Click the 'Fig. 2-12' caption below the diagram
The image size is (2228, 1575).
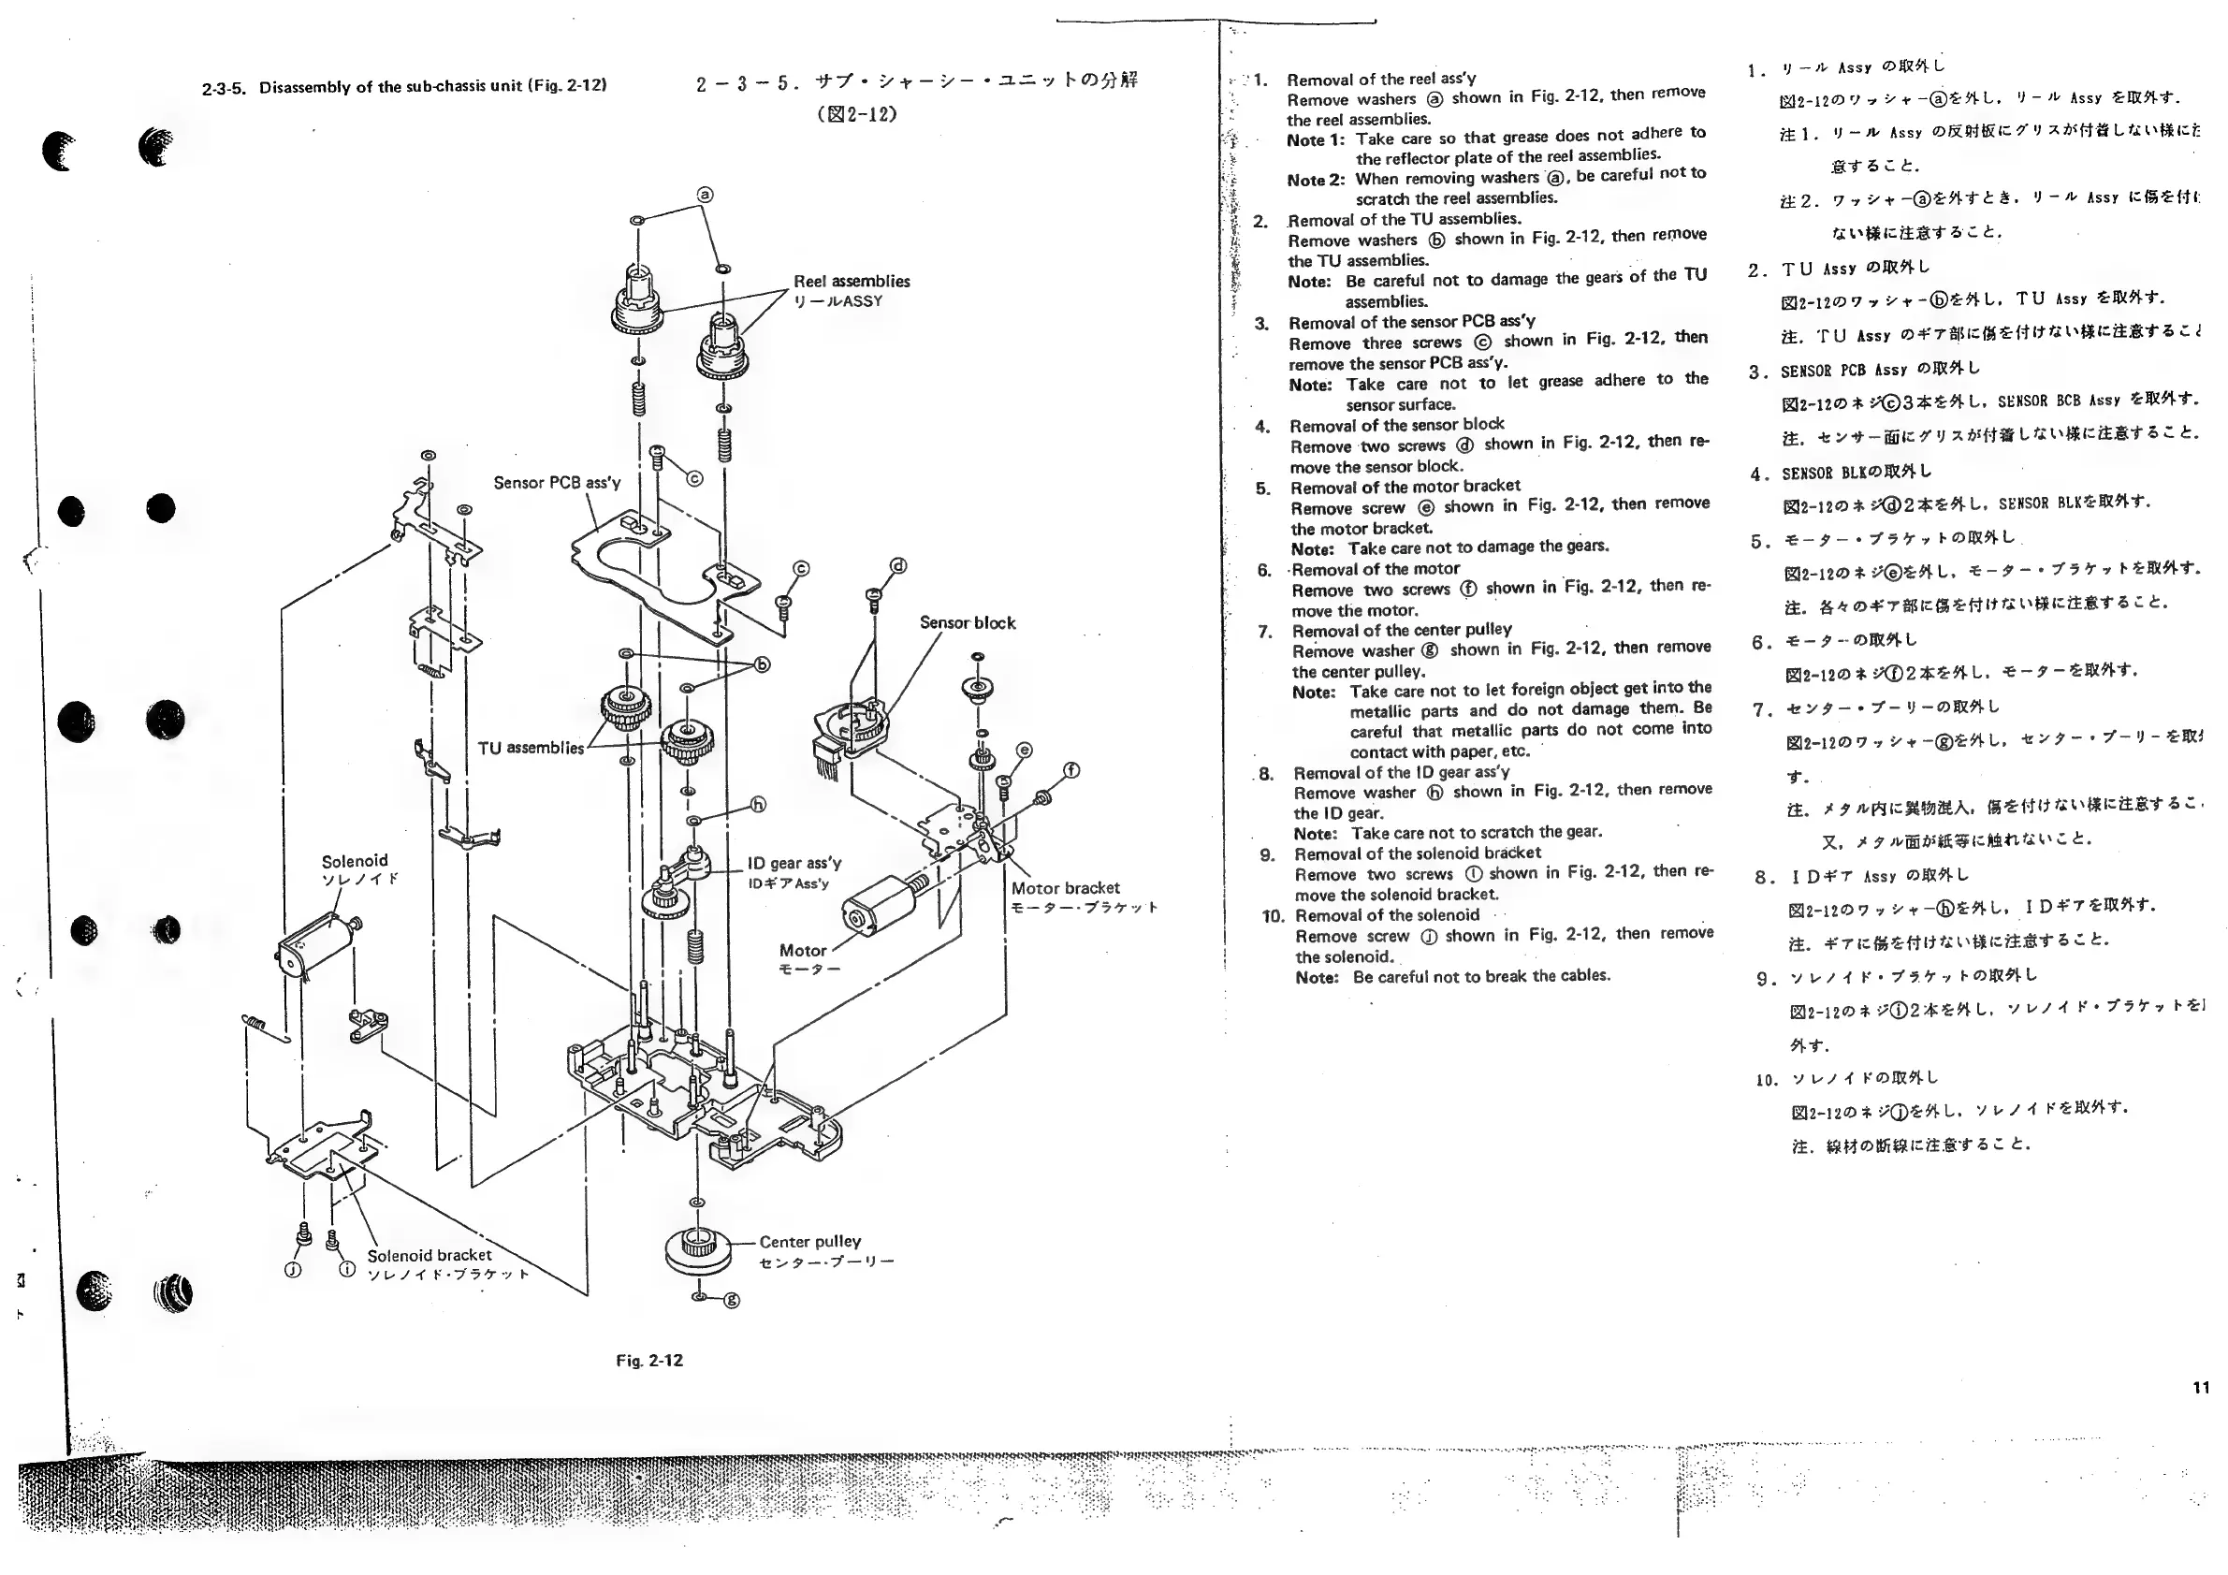[649, 1361]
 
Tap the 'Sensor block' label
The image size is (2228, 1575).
[968, 623]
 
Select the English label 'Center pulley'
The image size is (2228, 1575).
[809, 1241]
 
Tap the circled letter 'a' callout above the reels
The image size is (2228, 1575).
[706, 194]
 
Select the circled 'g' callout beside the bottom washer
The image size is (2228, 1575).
[733, 1301]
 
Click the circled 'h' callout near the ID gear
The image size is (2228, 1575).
[759, 805]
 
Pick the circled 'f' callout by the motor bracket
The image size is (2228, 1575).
[1071, 770]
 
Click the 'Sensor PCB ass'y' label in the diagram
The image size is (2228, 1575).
[557, 482]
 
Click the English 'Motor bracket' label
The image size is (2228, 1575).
[1066, 888]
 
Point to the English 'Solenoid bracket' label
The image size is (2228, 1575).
[429, 1255]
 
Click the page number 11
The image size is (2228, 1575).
[2201, 1388]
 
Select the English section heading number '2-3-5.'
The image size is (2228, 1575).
[225, 88]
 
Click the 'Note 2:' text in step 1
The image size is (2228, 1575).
[1316, 181]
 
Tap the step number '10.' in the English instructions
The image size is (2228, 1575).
[1274, 916]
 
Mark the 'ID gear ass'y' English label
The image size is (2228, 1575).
[794, 863]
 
